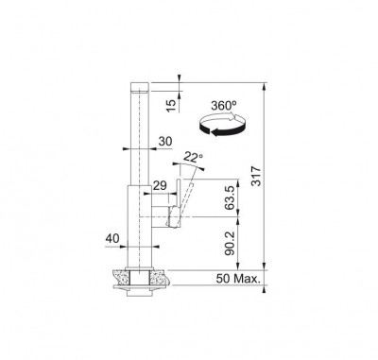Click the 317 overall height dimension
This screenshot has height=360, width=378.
257,176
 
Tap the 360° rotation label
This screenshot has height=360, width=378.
224,106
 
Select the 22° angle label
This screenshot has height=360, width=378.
193,156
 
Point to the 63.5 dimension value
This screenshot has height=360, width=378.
229,197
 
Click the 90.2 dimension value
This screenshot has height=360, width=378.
231,244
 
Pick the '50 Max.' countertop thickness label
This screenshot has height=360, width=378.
238,279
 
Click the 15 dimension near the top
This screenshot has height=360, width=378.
170,106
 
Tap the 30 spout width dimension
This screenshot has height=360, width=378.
165,142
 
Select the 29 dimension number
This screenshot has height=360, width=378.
160,186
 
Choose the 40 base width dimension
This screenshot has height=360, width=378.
112,239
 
